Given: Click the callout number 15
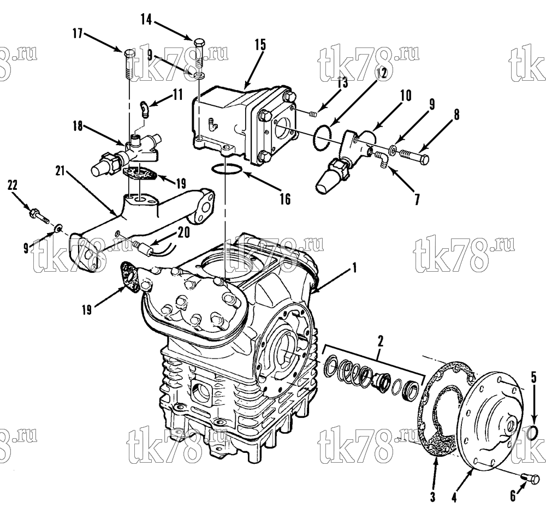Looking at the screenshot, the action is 260,45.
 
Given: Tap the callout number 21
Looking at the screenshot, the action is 60,171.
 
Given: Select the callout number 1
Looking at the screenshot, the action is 354,268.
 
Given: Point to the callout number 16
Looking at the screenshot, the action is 285,199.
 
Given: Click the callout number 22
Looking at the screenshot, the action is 12,186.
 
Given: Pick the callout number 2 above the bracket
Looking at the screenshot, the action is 381,342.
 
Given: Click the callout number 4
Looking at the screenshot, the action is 454,497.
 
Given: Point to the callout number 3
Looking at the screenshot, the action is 432,497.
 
